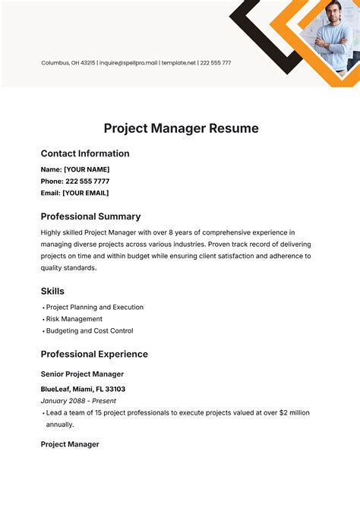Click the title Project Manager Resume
tap(181, 128)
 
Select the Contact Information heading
tap(85, 153)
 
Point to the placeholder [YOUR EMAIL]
tap(86, 193)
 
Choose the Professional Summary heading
tap(90, 216)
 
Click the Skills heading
tap(52, 291)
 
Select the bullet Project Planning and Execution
tap(95, 308)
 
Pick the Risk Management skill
tap(74, 319)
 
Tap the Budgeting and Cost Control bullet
tap(90, 331)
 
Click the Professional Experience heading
tap(94, 354)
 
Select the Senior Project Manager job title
tap(82, 374)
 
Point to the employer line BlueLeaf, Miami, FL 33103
tap(83, 390)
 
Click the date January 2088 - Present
tap(79, 401)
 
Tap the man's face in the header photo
tap(334, 14)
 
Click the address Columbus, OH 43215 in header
tap(68, 63)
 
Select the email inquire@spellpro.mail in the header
tap(128, 63)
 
